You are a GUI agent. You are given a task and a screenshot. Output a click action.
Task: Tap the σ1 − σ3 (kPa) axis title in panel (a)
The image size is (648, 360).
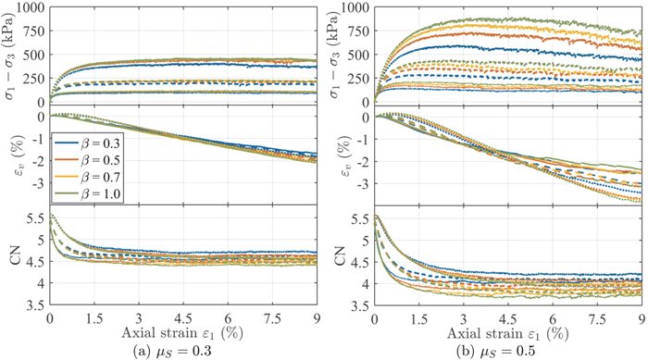[10, 53]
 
